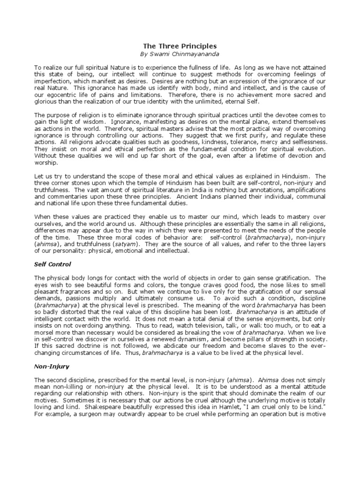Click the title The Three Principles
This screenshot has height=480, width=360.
180,46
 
